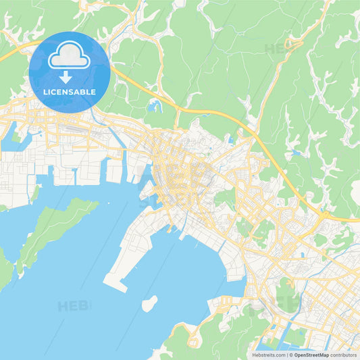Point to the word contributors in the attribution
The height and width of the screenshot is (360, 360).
[344, 355]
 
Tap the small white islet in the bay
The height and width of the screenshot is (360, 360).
[149, 304]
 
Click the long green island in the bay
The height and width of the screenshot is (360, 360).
[51, 230]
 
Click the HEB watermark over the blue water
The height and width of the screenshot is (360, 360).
[73, 306]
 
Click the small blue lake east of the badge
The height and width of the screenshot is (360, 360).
[155, 105]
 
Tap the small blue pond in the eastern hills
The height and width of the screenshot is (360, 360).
[296, 153]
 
